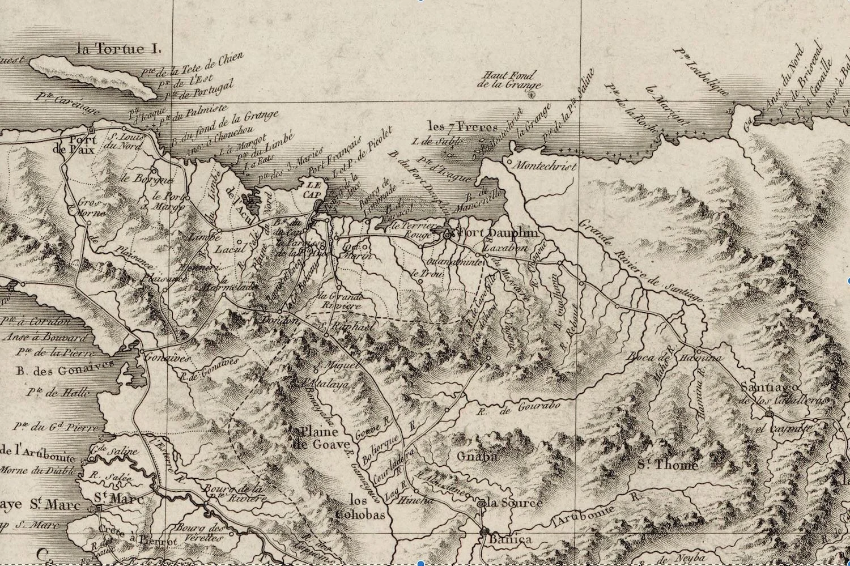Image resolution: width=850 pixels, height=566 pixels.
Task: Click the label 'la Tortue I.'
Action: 118,49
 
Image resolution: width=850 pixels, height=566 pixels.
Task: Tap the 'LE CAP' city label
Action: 311,189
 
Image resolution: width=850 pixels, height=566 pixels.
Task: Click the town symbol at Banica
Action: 483,531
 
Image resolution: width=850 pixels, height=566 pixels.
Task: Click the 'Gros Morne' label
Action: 88,207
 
